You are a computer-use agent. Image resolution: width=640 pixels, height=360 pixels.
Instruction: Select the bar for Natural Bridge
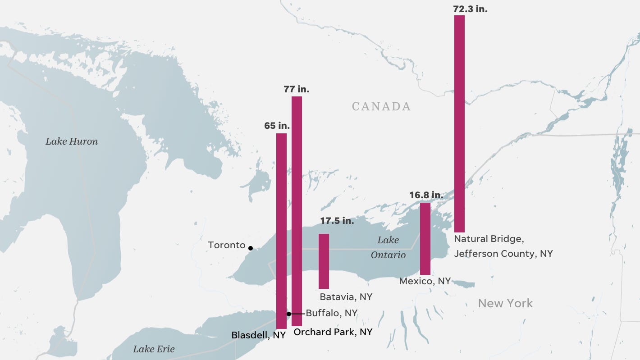(x=459, y=124)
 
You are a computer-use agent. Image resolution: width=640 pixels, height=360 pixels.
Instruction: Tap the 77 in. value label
(x=296, y=89)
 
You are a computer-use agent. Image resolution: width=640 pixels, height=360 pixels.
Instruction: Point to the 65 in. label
(x=277, y=126)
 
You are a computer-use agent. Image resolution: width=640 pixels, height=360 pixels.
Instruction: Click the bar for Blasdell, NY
(x=281, y=231)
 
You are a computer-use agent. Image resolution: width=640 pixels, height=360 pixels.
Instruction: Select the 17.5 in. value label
(x=337, y=221)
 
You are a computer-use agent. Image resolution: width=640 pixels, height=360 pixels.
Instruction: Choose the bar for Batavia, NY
(x=324, y=261)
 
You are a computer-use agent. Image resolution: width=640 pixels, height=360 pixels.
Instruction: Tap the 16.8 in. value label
(x=426, y=195)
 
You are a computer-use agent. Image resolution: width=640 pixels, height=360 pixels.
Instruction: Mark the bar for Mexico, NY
(x=425, y=238)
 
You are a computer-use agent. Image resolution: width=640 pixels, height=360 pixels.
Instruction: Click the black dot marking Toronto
(x=251, y=248)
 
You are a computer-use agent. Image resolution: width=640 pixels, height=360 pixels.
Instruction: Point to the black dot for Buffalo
(x=289, y=314)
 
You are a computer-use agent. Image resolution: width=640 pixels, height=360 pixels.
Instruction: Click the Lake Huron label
(x=72, y=141)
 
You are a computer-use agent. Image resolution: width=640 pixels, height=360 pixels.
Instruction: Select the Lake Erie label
(x=154, y=349)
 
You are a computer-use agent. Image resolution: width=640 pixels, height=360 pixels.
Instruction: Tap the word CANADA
(x=381, y=106)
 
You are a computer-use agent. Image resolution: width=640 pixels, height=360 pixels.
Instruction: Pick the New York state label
(x=505, y=303)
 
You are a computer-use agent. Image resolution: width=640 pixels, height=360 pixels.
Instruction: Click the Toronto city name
(x=227, y=245)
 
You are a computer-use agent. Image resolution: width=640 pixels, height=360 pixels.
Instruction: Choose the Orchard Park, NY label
(x=333, y=332)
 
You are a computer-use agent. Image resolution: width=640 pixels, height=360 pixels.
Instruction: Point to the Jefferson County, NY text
(x=503, y=254)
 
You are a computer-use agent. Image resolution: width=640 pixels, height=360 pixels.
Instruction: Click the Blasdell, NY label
(x=258, y=335)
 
